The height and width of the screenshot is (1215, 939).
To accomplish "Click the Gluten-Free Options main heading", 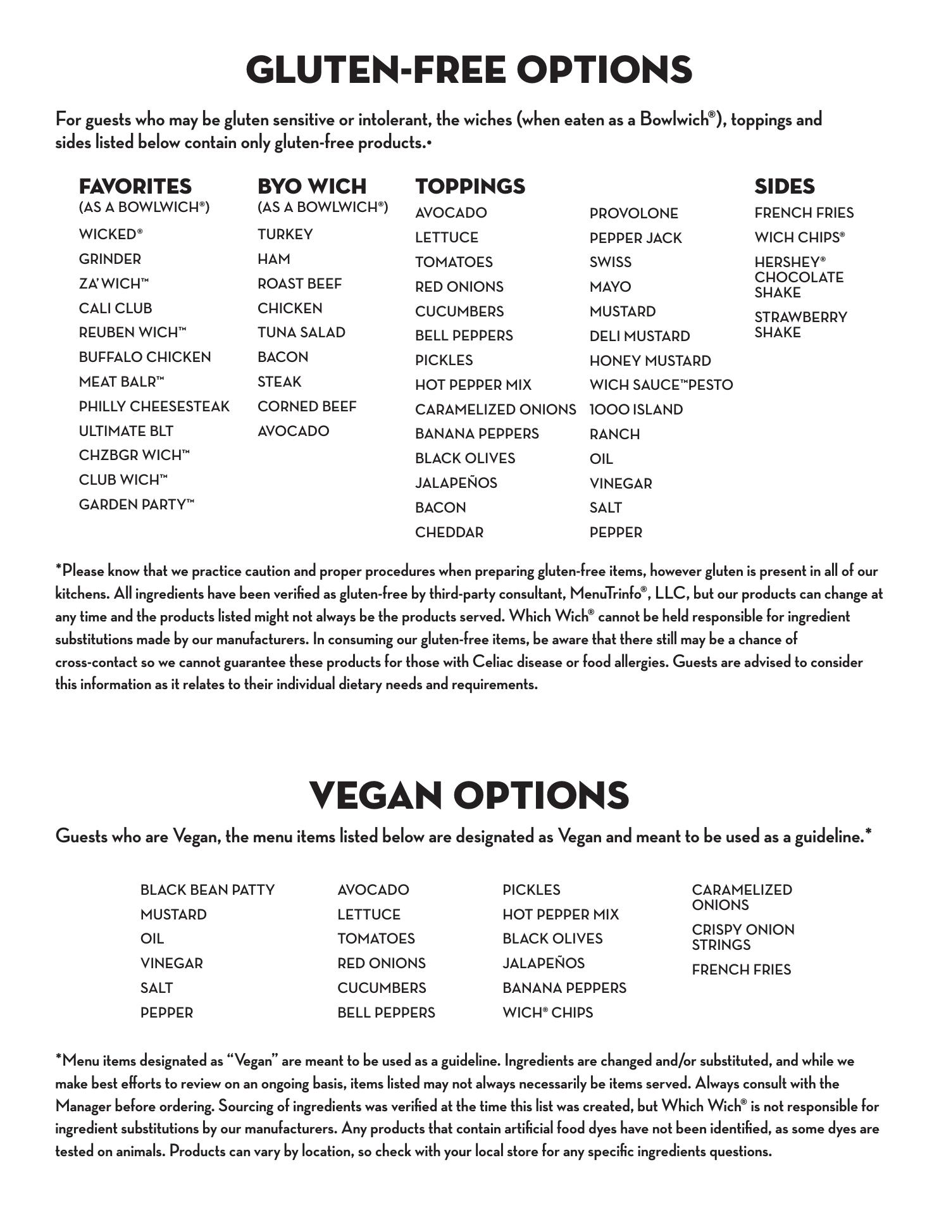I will (x=469, y=70).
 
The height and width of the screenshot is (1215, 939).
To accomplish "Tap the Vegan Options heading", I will (x=469, y=795).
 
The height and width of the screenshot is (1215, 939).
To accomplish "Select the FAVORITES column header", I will (x=135, y=186).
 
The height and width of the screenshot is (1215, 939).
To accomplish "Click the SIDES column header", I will (x=784, y=186).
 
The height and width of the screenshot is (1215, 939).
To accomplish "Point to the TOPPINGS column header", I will (x=469, y=186).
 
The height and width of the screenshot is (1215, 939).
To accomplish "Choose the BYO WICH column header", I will (x=311, y=186).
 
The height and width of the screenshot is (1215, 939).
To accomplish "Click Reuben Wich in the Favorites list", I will (x=132, y=332).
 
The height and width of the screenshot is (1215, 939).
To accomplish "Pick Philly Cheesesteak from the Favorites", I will (x=154, y=406).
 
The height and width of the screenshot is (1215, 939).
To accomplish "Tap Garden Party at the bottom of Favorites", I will (x=136, y=504).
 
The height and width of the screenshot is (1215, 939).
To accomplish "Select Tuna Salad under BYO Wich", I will (x=301, y=332).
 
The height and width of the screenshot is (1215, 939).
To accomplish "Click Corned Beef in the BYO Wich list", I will (x=307, y=406).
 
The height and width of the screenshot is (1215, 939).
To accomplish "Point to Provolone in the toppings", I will (x=633, y=213).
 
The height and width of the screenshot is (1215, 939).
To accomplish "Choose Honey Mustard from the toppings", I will (x=650, y=361).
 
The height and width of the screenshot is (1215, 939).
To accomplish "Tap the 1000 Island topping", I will (x=636, y=409).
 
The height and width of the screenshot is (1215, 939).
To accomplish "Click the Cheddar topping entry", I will (x=449, y=532).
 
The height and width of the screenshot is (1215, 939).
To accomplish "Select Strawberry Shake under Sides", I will (x=800, y=325).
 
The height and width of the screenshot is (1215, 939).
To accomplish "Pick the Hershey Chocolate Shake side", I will (x=799, y=277).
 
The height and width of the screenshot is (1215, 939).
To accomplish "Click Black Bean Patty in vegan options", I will (x=208, y=890).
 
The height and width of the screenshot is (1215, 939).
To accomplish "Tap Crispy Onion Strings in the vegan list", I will (x=742, y=937).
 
